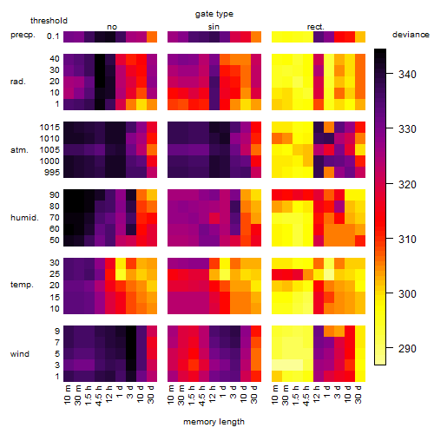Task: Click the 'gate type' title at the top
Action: [214, 14]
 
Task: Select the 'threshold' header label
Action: [49, 21]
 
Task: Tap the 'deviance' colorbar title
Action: [411, 35]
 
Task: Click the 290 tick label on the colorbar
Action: [407, 348]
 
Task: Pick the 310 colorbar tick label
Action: [407, 239]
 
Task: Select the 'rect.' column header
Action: [316, 27]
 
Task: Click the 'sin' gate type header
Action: [214, 27]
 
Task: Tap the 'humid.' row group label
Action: [24, 218]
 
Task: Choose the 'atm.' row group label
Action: [19, 150]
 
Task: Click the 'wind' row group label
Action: [20, 353]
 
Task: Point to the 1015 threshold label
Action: [49, 128]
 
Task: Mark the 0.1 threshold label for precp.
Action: [53, 36]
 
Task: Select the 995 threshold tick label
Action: [52, 173]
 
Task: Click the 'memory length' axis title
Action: [214, 422]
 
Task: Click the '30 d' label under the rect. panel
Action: [358, 394]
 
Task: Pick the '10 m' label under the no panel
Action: [67, 395]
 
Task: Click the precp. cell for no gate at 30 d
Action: [152, 36]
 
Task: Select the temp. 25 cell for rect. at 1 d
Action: [329, 274]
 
